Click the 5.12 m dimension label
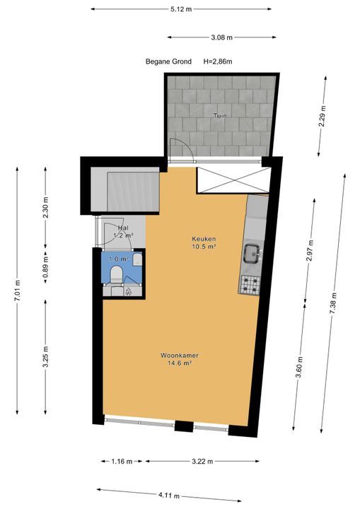point(181,9)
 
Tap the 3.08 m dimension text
point(222,37)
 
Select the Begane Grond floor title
point(168,62)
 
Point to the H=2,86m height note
point(218,62)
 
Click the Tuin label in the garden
point(220,115)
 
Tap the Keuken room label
point(204,239)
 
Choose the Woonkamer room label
point(180,356)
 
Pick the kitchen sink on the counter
point(252,253)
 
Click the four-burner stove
point(250,285)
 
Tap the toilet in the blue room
point(116,274)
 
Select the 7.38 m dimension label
point(333,303)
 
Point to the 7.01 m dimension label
point(18,291)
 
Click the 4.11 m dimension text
point(169,496)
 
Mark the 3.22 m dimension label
point(202,461)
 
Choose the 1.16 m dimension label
point(122,461)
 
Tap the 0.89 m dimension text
point(46,265)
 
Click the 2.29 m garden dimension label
point(323,117)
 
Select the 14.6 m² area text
point(180,363)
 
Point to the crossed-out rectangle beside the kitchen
point(234,180)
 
